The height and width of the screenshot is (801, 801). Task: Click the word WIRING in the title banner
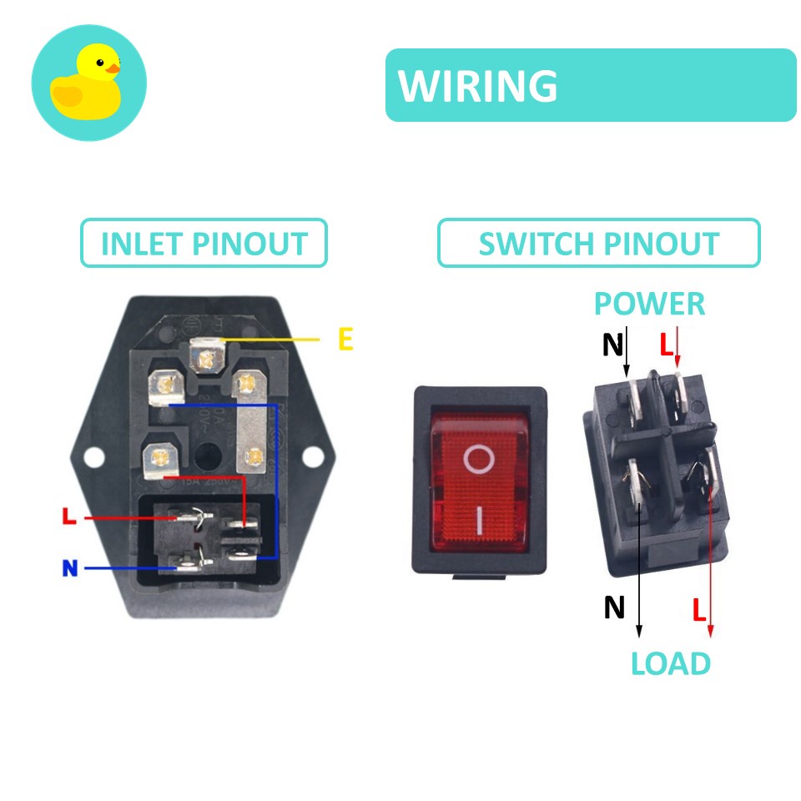478,86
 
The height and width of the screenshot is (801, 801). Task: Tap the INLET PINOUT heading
204,244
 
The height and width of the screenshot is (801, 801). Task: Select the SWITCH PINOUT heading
598,244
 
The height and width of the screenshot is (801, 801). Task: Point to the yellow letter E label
345,340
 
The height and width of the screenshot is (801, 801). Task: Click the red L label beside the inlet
69,517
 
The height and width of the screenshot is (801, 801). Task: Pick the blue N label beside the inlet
69,569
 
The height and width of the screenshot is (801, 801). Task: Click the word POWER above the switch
649,304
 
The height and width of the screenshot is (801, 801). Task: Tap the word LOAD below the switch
670,664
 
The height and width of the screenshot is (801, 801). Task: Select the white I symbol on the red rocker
480,521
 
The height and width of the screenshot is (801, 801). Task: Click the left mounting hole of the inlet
95,456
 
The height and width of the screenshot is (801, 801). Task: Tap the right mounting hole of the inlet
311,456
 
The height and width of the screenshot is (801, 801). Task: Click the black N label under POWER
613,344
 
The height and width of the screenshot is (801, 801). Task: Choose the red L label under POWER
666,344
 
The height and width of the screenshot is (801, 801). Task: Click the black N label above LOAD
614,607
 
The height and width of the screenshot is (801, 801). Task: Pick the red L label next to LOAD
699,610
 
